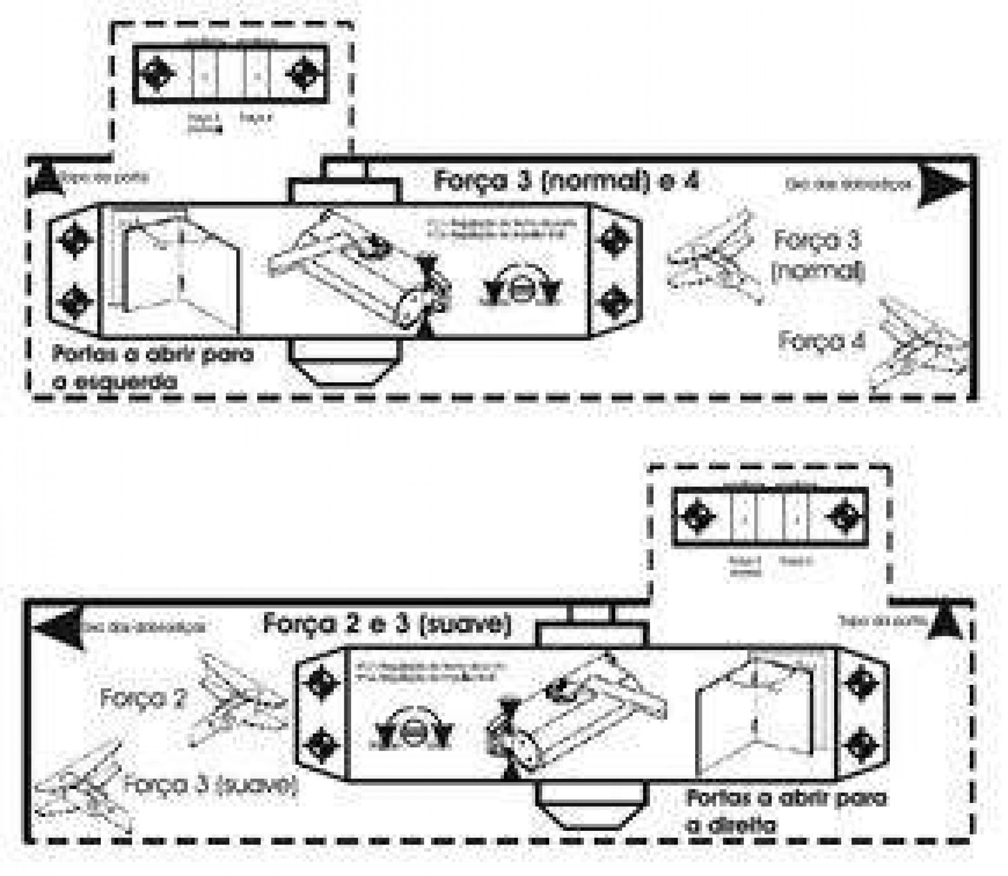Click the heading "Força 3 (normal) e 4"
(566, 181)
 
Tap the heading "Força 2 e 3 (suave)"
(386, 624)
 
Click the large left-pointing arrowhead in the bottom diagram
(57, 628)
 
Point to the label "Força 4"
(822, 341)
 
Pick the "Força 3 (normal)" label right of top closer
(817, 256)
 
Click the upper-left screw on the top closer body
(73, 239)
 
